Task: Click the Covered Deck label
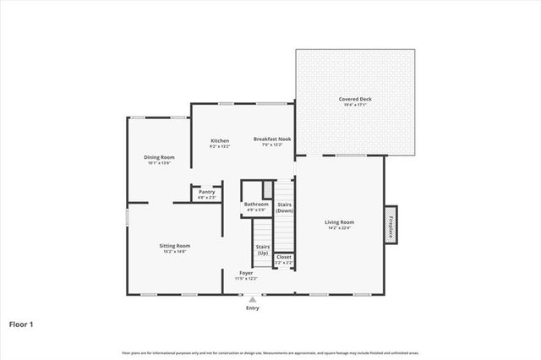click(355, 99)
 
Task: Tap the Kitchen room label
click(220, 140)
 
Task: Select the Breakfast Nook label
click(273, 139)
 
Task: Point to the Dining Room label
click(159, 157)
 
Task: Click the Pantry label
click(206, 192)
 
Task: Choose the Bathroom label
click(256, 204)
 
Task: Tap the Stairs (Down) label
click(284, 206)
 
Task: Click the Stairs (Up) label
click(263, 249)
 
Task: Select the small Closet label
click(284, 257)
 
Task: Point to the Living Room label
click(339, 222)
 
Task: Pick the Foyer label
click(246, 273)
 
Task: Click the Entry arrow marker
click(251, 298)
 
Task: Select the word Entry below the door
click(252, 308)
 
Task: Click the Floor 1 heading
click(21, 323)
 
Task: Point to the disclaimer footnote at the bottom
click(270, 352)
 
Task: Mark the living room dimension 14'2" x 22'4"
click(339, 228)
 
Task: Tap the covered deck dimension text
click(355, 105)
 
